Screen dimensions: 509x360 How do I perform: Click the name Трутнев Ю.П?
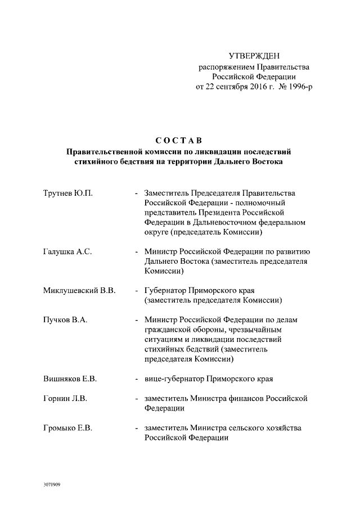point(68,193)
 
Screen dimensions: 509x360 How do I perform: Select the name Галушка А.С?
point(67,252)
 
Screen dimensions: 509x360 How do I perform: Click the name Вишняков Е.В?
point(70,379)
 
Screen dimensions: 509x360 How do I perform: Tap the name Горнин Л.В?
point(65,399)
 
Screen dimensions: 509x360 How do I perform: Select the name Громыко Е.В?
point(68,428)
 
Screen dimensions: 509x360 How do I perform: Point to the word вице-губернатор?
point(173,379)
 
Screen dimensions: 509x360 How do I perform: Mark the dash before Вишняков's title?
point(137,379)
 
